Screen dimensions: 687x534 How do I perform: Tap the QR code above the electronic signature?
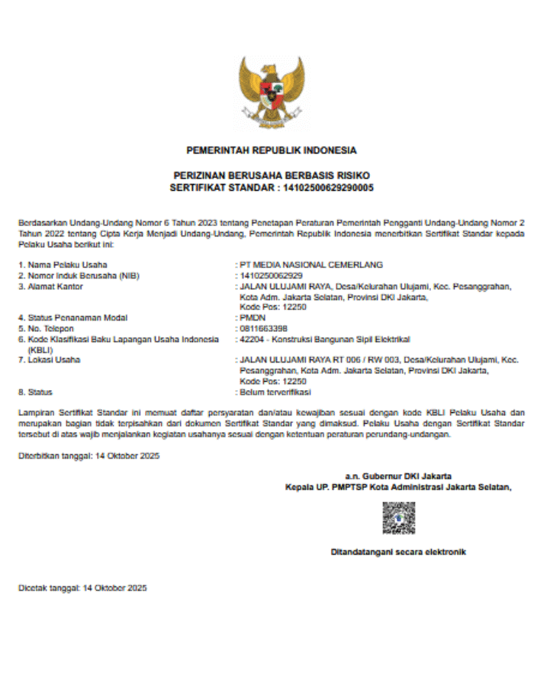point(398,518)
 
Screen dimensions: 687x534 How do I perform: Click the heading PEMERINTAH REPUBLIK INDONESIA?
point(272,150)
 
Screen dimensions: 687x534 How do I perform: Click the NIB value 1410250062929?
point(271,275)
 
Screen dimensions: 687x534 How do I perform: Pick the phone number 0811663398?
point(263,328)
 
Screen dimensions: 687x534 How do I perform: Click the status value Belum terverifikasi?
point(275,392)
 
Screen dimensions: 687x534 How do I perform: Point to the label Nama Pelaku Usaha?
point(63,265)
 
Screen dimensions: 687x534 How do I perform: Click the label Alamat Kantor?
point(54,286)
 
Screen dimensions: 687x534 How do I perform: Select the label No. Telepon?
point(51,328)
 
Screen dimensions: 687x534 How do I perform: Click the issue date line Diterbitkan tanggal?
point(89,456)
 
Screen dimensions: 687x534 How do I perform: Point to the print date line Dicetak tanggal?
point(82,589)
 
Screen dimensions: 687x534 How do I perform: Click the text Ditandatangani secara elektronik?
point(398,551)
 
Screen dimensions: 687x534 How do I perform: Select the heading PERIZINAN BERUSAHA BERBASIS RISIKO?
point(272,176)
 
